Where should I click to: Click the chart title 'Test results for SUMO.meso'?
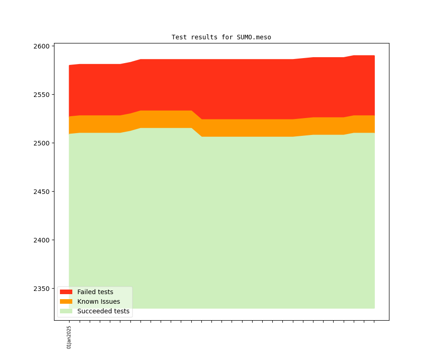221,37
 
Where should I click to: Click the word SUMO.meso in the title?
254,37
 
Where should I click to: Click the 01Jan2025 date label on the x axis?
69,337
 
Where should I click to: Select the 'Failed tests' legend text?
95,292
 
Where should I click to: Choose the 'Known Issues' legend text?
98,301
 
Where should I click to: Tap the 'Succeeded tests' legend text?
103,312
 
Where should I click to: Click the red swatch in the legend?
66,292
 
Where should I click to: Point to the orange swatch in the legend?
66,301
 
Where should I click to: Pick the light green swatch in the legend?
66,312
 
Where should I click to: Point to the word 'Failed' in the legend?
86,292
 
